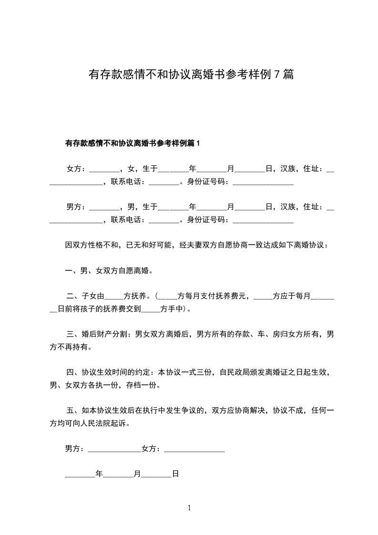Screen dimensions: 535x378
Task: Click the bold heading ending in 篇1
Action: [133, 143]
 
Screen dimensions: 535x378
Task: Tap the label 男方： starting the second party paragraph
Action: [76, 206]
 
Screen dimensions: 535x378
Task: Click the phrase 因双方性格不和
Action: [92, 245]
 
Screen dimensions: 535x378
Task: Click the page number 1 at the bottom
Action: [189, 508]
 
